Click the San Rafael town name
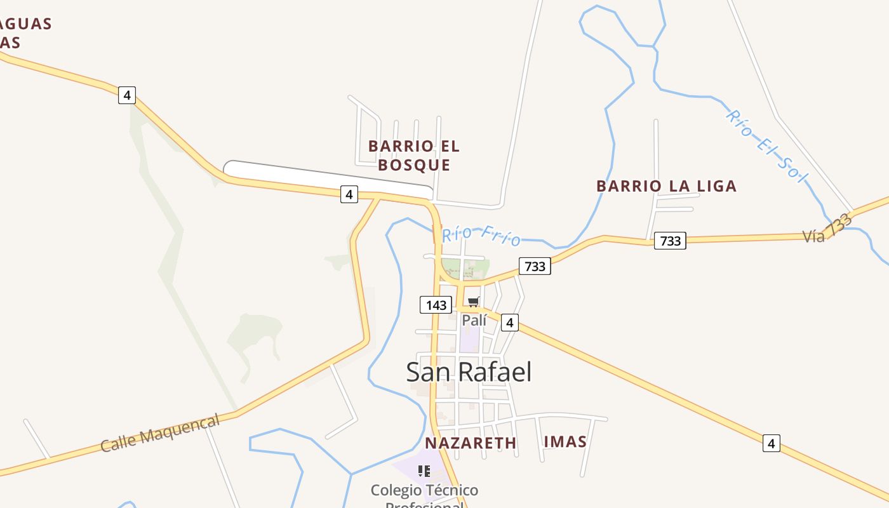click(x=469, y=372)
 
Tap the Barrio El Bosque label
click(x=414, y=156)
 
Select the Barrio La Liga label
click(x=666, y=186)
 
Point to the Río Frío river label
click(x=481, y=235)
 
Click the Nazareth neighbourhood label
click(x=471, y=443)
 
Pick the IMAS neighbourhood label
click(x=565, y=442)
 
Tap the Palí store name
click(x=474, y=321)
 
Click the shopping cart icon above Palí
click(x=473, y=302)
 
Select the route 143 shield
click(x=436, y=305)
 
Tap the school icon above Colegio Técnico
click(x=424, y=471)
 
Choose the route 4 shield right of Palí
click(x=510, y=323)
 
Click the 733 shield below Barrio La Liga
click(x=670, y=241)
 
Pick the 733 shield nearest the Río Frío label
click(x=535, y=266)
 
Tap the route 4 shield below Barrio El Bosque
click(x=349, y=194)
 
